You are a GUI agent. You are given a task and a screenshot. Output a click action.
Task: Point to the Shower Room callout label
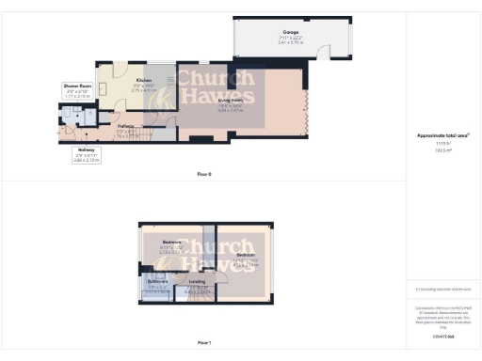coord(77,86)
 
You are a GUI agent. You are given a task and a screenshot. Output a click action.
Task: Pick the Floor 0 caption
coord(204,175)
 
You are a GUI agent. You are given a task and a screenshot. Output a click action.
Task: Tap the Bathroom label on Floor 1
coord(157,282)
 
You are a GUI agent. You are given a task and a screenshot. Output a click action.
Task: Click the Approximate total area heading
coord(443,135)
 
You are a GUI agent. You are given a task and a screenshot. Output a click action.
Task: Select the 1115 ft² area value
coord(443,144)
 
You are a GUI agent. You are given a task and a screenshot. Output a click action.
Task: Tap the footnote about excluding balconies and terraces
coord(442,290)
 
